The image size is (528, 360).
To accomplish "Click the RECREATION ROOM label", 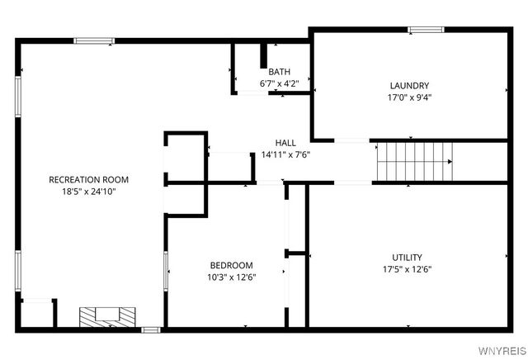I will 89,179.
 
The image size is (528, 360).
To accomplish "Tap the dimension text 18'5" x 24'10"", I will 89,191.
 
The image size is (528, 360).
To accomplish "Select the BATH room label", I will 279,72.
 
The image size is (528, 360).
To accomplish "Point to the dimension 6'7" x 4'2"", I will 279,83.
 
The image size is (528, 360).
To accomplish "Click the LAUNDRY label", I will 409,85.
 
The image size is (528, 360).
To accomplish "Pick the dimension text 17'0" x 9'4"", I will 409,97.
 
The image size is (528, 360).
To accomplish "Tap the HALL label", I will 285,143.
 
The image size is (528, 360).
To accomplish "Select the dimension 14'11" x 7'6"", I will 285,154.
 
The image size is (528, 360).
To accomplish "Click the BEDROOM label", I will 231,265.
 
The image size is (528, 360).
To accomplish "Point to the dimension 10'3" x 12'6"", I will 231,277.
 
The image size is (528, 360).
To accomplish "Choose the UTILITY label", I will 408,257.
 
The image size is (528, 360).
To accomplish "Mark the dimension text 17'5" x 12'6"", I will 408,268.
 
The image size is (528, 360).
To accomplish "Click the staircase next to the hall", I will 415,161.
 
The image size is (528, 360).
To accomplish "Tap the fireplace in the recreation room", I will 106,316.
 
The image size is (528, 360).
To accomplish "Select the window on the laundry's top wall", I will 427,31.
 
